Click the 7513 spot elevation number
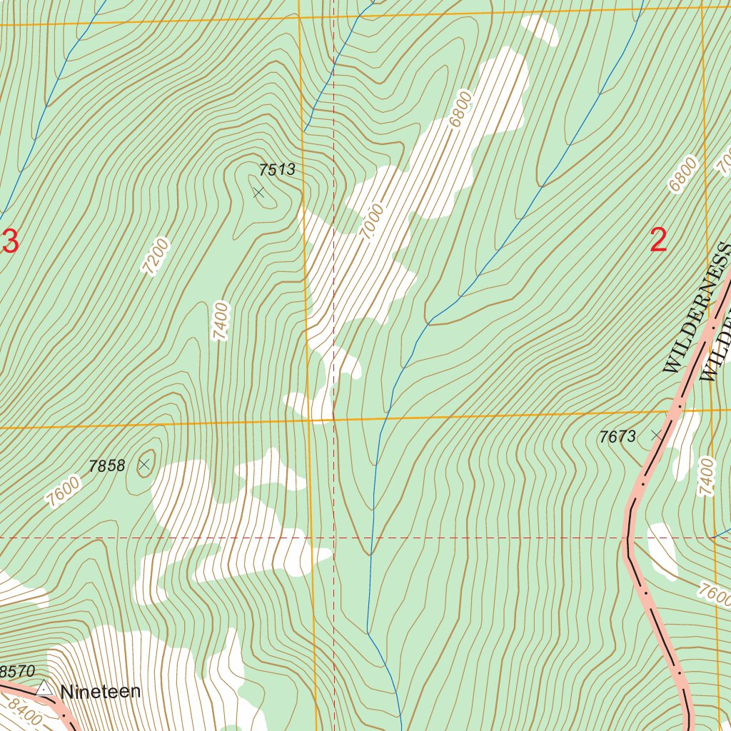276,170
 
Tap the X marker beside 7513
258,193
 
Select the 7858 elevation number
107,466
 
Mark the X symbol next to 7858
144,465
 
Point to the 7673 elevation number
617,437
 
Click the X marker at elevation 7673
656,434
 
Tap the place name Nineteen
101,691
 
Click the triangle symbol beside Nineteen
44,688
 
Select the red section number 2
658,241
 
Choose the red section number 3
10,242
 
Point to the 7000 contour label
372,222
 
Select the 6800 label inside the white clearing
461,109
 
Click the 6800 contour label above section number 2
682,175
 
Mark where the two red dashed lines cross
334,538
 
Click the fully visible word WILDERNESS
697,308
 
